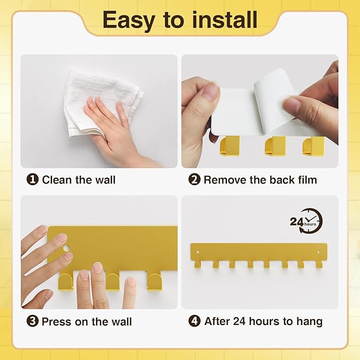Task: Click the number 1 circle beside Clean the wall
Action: (x=33, y=180)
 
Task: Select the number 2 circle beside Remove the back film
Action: (x=195, y=180)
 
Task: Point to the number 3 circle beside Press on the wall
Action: (x=33, y=321)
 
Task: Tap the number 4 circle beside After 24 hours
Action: (x=195, y=321)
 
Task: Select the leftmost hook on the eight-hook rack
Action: (x=197, y=264)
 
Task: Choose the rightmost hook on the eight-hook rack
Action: (x=319, y=264)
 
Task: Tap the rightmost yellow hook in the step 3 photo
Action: (x=154, y=281)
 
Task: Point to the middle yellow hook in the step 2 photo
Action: (x=273, y=146)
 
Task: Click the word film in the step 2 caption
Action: (x=305, y=180)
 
